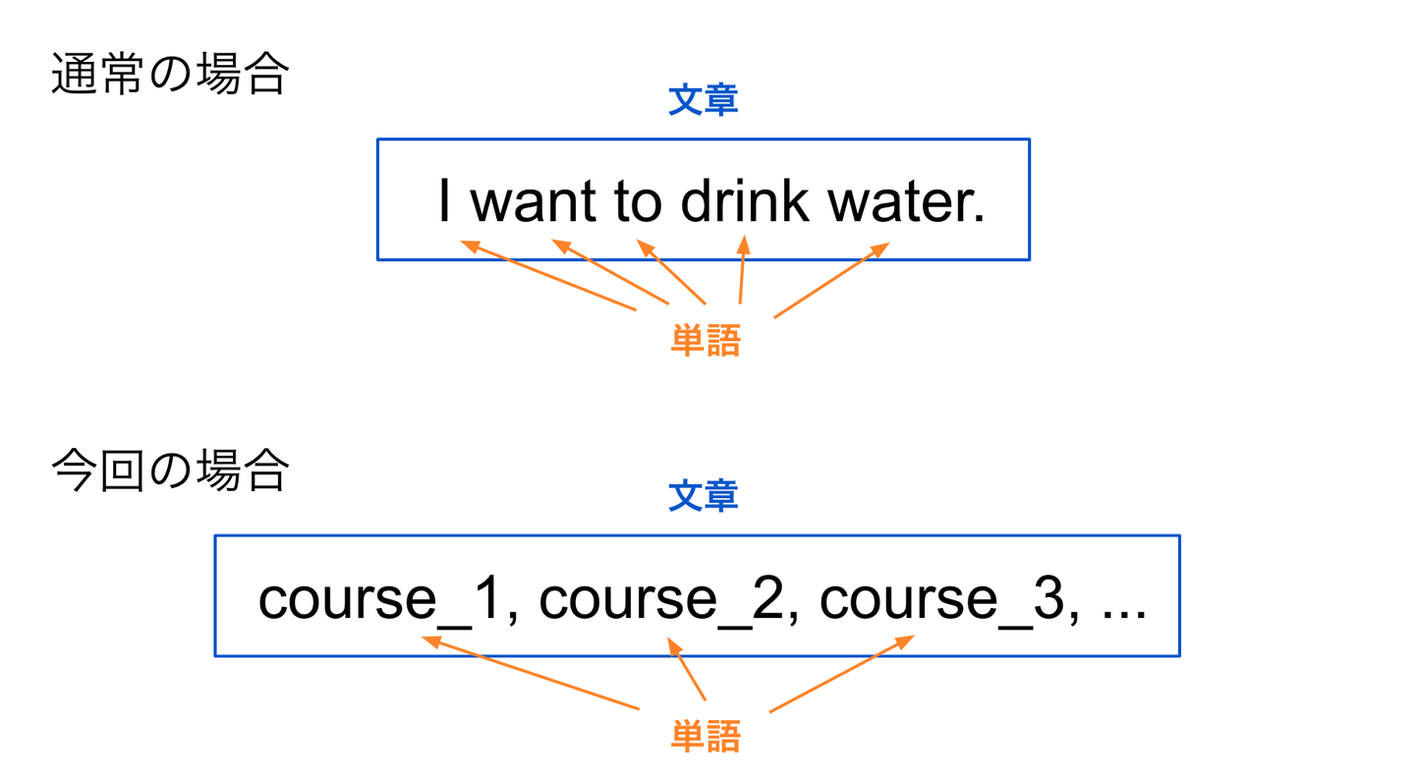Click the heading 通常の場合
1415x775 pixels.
tap(170, 74)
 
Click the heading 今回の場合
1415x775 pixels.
tap(170, 470)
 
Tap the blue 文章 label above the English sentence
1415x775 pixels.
tap(704, 100)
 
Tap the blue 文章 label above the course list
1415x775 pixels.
tap(704, 495)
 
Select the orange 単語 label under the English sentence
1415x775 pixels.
tap(706, 341)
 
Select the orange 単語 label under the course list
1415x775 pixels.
tap(706, 737)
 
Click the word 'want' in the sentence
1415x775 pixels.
tap(534, 202)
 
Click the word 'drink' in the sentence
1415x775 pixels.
tap(745, 200)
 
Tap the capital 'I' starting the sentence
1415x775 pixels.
tap(444, 199)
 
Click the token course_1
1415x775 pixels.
tap(379, 599)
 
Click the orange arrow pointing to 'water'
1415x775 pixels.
tap(832, 280)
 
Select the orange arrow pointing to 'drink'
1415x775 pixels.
tap(743, 270)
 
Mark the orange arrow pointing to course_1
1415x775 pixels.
tap(530, 672)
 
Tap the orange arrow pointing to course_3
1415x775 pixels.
tap(841, 673)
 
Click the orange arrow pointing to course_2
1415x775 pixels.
tap(686, 668)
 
